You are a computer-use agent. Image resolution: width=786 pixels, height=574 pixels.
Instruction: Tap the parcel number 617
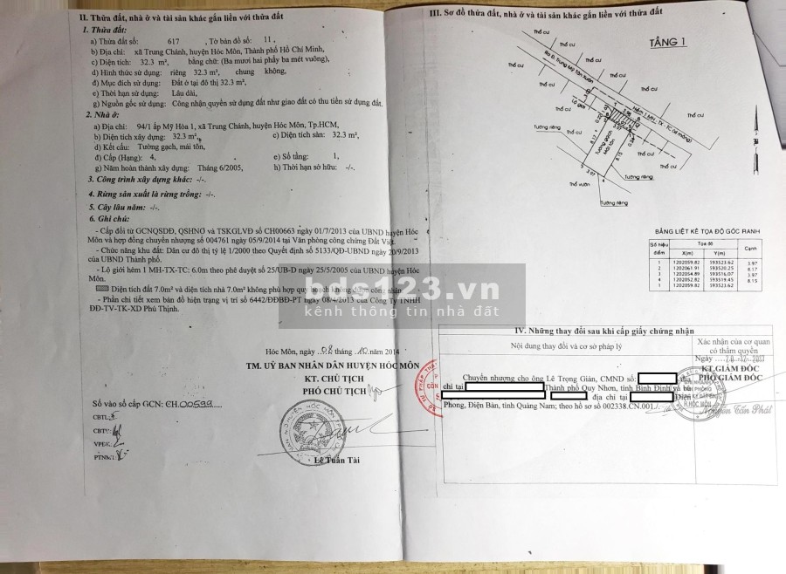(x=173, y=41)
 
